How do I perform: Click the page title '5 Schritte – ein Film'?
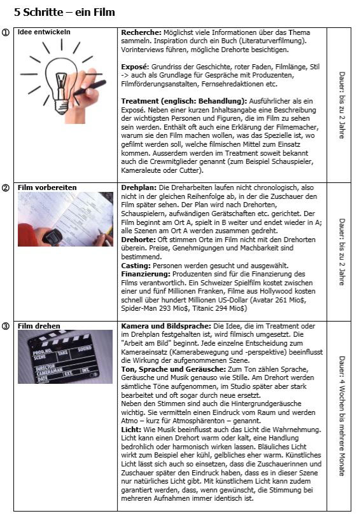point(64,12)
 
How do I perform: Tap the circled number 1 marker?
point(6,32)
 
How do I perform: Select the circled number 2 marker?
point(6,188)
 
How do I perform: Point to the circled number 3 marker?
point(6,327)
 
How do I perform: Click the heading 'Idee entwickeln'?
point(44,32)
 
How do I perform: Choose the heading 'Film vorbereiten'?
point(47,187)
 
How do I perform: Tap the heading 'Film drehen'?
point(39,326)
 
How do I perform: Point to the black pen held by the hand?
point(90,88)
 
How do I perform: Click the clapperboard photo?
point(66,356)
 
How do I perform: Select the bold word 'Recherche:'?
point(141,32)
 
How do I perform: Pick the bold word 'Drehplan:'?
point(139,187)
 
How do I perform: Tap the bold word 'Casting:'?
point(135,266)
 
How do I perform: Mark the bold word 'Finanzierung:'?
point(146,274)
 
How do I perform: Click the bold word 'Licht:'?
point(131,430)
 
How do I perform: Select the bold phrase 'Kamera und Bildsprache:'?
point(166,326)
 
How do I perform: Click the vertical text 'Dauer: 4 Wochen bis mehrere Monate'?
point(342,416)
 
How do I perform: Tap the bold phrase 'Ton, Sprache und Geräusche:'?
point(174,369)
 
